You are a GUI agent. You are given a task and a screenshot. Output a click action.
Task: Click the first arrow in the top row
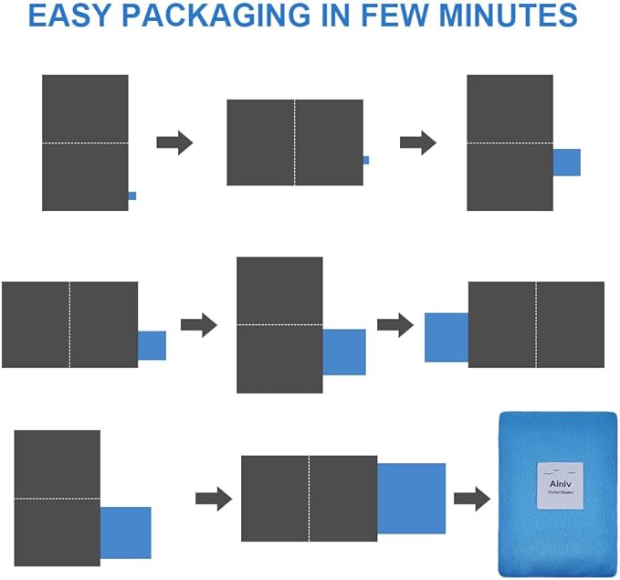[174, 142]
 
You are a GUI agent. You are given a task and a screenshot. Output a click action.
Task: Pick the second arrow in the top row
[417, 142]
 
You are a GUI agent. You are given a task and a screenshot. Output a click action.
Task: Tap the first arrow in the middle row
[198, 324]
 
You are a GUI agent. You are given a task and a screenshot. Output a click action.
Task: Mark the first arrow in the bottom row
[214, 499]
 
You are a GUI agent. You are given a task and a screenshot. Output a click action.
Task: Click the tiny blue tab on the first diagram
[132, 195]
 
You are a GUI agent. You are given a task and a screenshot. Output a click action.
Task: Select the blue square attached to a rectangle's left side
[447, 337]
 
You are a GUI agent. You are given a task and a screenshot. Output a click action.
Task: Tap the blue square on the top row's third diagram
[567, 163]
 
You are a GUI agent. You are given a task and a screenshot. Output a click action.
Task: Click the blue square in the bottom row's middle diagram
[411, 499]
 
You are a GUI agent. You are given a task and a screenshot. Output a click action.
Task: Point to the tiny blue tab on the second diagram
[366, 160]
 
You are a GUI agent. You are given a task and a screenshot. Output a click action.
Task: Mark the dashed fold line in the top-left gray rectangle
[85, 143]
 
